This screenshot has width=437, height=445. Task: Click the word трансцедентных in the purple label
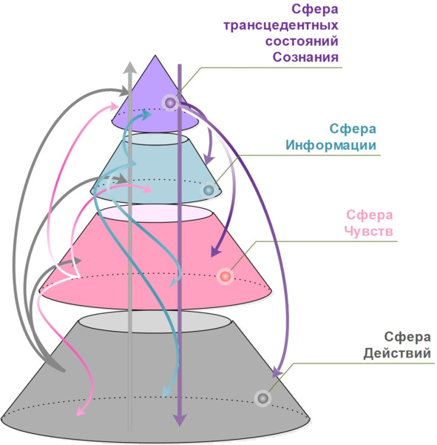point(280,25)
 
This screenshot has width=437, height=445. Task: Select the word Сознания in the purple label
point(305,57)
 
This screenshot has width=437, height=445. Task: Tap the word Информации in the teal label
point(331,145)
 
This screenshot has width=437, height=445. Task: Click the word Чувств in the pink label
point(369,231)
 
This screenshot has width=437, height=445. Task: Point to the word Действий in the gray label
point(397,353)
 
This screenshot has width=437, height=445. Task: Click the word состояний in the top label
point(302,41)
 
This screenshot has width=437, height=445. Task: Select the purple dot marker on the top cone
point(170,103)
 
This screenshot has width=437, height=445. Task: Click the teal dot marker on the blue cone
point(209,190)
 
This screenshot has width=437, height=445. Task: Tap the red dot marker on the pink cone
point(226,276)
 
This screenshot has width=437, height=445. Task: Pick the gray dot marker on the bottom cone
point(262,398)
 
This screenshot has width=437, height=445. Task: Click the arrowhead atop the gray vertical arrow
point(130,67)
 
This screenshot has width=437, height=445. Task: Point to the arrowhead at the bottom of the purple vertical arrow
point(180,420)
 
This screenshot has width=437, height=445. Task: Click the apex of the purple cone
point(155,56)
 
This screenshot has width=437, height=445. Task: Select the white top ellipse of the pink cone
point(156,214)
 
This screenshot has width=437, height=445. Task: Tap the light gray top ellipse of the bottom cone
point(155,321)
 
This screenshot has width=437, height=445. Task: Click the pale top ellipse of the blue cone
point(156,139)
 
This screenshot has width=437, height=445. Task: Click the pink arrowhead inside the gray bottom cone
point(81,411)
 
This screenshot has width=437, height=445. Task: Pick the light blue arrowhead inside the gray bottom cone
point(166,392)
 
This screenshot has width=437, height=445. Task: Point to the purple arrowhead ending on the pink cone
point(215,251)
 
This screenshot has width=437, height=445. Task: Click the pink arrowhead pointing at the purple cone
point(114,106)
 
